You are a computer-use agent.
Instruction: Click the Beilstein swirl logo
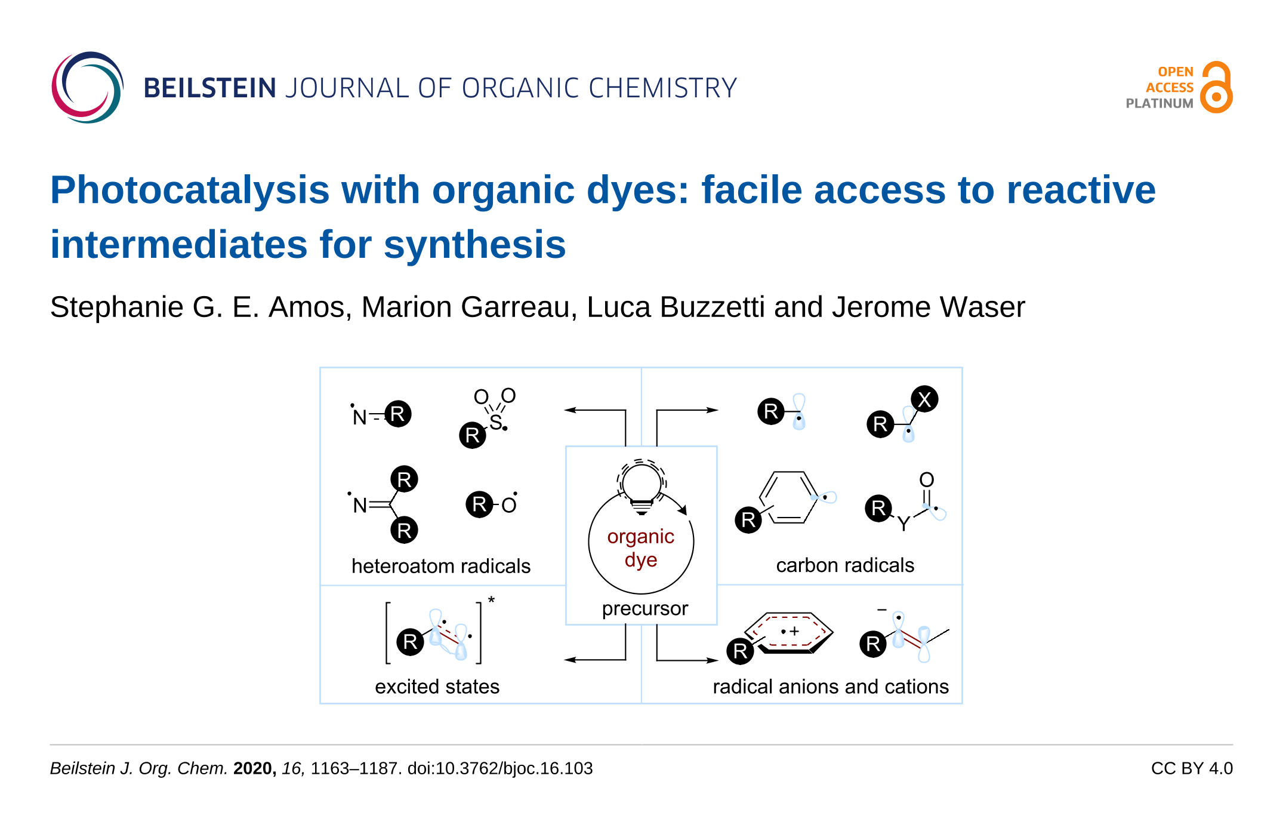coord(87,87)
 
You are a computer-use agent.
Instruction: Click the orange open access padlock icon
coord(1216,88)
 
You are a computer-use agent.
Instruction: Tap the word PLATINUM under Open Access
coord(1159,104)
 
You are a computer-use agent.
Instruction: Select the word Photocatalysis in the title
coord(190,190)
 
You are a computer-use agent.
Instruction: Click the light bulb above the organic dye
coord(641,485)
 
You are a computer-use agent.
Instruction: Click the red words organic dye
coord(641,548)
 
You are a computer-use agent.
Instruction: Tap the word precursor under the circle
coord(644,608)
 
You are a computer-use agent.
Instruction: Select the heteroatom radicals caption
coord(440,566)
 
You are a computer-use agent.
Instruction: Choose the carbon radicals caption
coord(844,565)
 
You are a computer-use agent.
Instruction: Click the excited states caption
coord(437,687)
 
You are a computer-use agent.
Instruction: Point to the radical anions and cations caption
coord(830,687)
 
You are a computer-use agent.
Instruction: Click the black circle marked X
coord(924,399)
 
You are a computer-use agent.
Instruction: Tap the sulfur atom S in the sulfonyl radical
coord(495,422)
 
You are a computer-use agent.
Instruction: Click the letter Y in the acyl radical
coord(903,524)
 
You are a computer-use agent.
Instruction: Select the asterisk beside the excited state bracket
coord(491,600)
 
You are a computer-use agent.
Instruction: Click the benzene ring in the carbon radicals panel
coord(788,497)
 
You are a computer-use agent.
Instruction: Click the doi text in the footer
coord(499,768)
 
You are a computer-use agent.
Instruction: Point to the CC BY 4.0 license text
coord(1191,768)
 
